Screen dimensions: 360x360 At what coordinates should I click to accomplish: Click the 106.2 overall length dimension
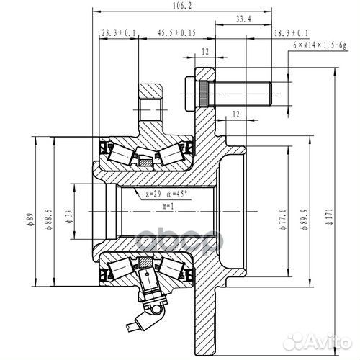pyautogui.click(x=182, y=6)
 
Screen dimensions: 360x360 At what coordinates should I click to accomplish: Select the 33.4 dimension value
pyautogui.click(x=243, y=19)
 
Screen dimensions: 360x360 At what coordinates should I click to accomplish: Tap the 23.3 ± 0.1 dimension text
pyautogui.click(x=119, y=32)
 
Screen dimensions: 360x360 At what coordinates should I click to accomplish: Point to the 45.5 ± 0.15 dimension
pyautogui.click(x=176, y=32)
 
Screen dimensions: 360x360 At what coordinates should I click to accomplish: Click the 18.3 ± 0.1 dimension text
pyautogui.click(x=291, y=33)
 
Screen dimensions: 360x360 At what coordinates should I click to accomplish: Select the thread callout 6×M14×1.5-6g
pyautogui.click(x=320, y=45)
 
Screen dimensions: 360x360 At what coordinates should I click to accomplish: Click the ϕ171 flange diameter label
pyautogui.click(x=330, y=217)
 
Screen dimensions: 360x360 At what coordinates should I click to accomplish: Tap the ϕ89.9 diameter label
pyautogui.click(x=304, y=219)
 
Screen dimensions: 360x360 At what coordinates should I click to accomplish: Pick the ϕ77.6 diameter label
pyautogui.click(x=283, y=219)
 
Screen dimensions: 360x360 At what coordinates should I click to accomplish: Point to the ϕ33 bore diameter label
pyautogui.click(x=69, y=217)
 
